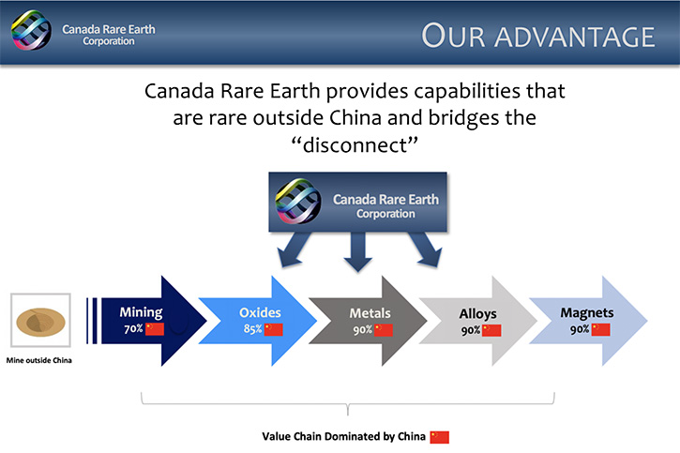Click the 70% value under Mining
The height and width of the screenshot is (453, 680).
pos(133,328)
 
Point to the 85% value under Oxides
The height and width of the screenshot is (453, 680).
pos(252,329)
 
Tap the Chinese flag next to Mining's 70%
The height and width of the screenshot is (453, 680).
pos(155,329)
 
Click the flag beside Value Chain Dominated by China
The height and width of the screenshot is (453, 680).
pos(439,437)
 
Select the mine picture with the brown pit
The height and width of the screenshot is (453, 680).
pos(40,321)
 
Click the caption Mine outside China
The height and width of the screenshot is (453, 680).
pos(39,360)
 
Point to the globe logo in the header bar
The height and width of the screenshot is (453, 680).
pos(31,30)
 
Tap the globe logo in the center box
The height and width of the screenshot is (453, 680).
pos(298,201)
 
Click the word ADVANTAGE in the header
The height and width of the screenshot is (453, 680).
pos(575,37)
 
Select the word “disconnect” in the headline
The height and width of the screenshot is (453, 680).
pos(355,144)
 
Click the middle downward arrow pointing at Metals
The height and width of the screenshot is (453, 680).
pos(357,252)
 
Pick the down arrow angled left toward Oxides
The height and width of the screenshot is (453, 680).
pos(294,250)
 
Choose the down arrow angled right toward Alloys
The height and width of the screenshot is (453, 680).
pos(426,249)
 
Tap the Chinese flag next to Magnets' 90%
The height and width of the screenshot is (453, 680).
pos(600,329)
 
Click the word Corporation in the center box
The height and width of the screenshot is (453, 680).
pos(385,214)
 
